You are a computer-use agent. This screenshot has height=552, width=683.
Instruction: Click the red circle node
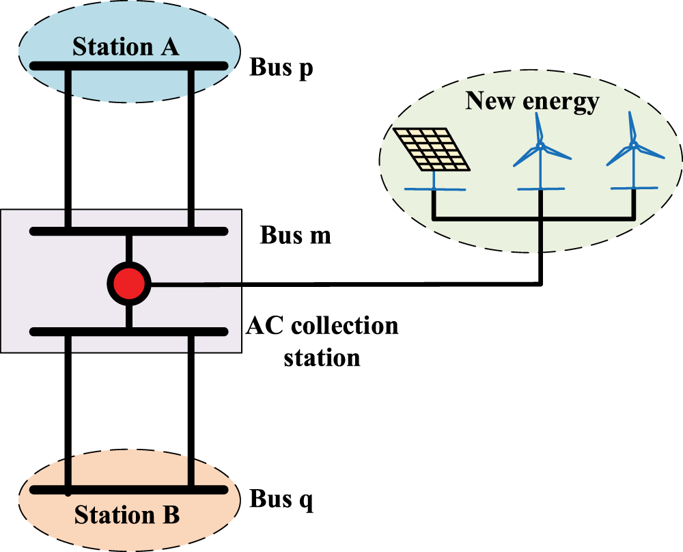point(129,284)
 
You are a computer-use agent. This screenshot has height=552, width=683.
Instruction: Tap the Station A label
point(126,46)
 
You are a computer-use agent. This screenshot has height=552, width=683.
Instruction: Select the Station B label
point(127,514)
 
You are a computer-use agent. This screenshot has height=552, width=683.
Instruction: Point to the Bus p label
point(281,68)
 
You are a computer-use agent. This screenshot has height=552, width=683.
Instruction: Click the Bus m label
point(295,235)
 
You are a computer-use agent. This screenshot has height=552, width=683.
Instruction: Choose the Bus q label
point(281,499)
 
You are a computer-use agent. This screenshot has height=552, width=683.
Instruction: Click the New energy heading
point(532,102)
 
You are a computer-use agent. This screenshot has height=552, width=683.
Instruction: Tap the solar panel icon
point(431,149)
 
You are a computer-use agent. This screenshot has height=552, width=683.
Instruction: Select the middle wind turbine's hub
point(540,146)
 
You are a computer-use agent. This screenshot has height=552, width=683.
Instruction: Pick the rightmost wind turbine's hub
point(634,144)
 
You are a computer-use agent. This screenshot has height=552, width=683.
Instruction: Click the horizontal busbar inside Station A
point(129,66)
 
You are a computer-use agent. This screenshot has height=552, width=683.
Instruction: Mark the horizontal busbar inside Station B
point(129,490)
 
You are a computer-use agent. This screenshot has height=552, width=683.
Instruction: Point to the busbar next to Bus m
point(129,231)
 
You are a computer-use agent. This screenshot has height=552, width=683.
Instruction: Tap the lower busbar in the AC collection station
point(129,331)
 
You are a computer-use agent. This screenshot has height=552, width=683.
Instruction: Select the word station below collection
point(322,358)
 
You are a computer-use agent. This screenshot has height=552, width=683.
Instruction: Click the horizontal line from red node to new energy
point(346,284)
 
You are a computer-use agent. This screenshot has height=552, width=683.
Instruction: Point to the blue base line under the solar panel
point(434,189)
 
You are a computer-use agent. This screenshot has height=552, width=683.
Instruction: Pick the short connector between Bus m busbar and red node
point(129,249)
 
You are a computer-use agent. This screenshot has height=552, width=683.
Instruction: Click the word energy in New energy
point(561,103)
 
